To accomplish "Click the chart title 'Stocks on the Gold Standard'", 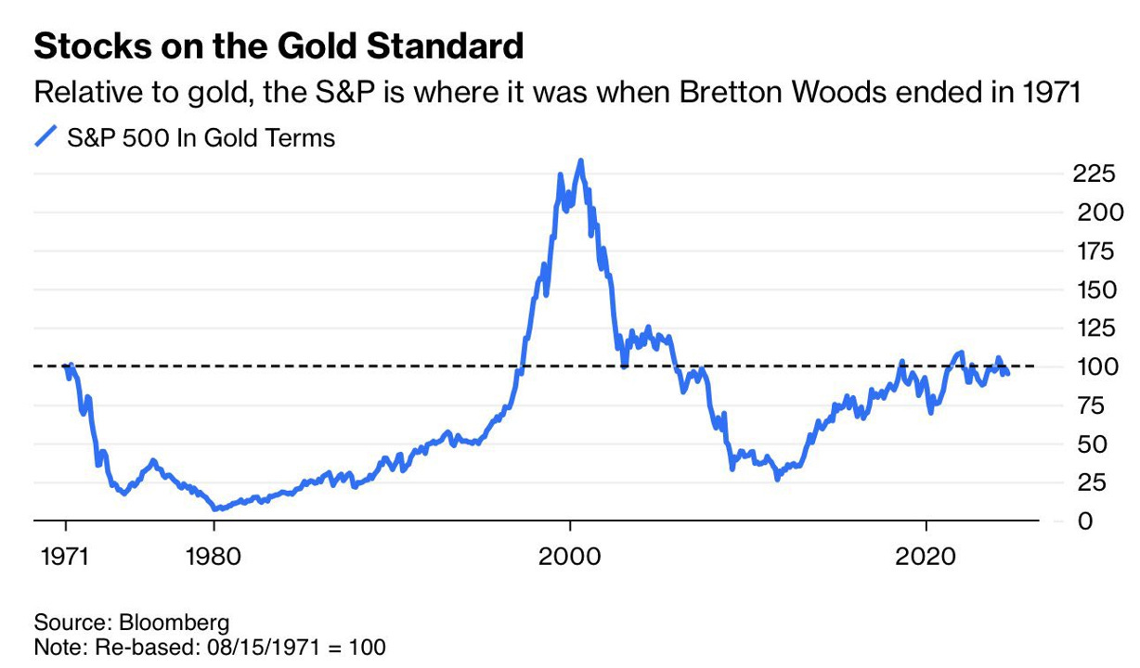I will pyautogui.click(x=279, y=46).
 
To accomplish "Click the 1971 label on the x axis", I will pyautogui.click(x=66, y=559).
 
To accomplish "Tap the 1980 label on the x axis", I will pyautogui.click(x=214, y=559).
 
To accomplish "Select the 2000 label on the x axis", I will pyautogui.click(x=569, y=559).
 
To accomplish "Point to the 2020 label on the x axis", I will pyautogui.click(x=926, y=559).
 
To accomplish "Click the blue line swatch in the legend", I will pyautogui.click(x=46, y=138).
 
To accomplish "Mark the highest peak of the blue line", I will pyautogui.click(x=580, y=161).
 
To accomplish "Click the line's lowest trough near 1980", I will pyautogui.click(x=215, y=508).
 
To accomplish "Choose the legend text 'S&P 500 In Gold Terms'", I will pyautogui.click(x=201, y=138).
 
